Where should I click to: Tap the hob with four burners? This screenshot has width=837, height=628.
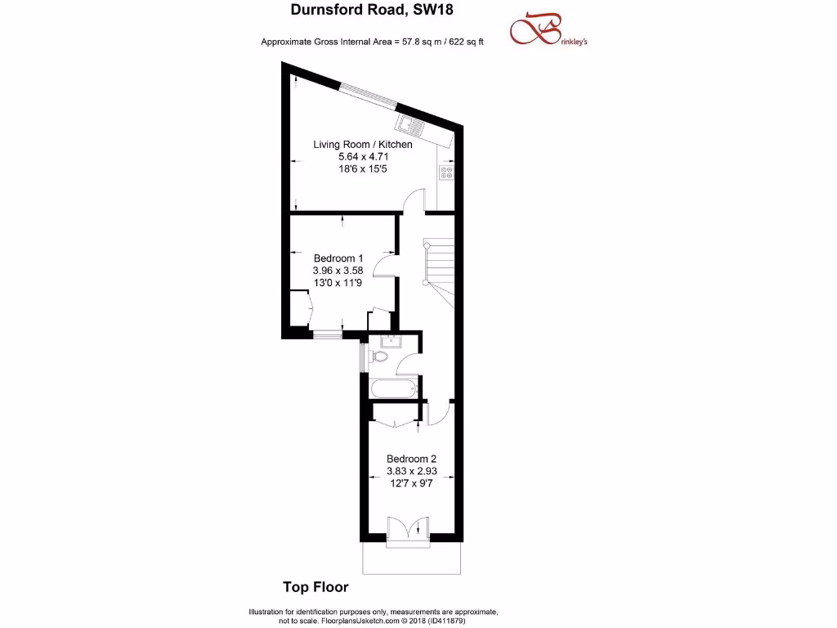[x=446, y=173]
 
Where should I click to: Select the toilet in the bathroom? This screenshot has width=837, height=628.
[x=378, y=358]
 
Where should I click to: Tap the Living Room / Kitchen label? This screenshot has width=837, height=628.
[x=363, y=145]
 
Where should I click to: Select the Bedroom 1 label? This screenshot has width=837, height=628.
[x=338, y=258]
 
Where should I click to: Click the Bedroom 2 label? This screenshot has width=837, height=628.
[x=412, y=459]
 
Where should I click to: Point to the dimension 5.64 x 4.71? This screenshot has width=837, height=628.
[x=363, y=156]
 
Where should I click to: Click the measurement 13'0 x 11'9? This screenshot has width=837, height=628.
[x=338, y=282]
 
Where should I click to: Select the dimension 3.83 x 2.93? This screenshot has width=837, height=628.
[x=412, y=471]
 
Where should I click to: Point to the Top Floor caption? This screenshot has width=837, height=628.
[x=316, y=586]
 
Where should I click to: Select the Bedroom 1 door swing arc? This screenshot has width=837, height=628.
[x=383, y=266]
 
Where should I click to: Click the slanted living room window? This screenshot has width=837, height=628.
[x=368, y=95]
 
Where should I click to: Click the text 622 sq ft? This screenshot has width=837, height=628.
[x=463, y=41]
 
